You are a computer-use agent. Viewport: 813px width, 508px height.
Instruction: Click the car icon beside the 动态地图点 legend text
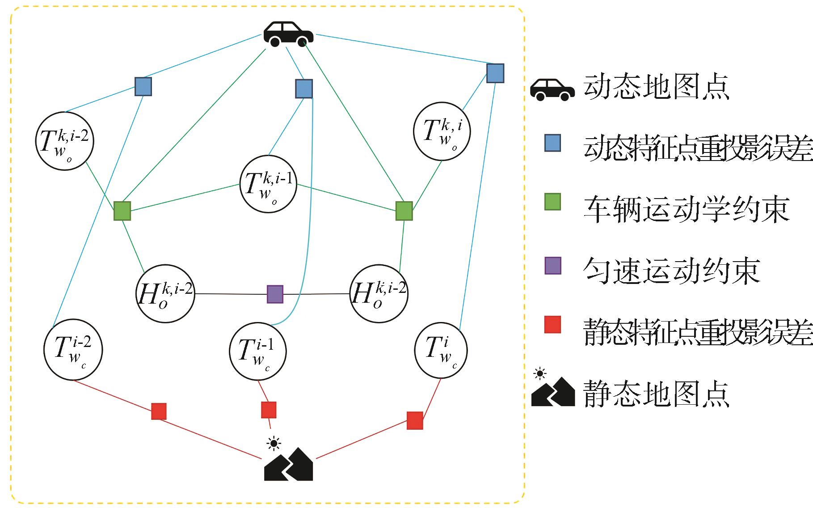pos(552,89)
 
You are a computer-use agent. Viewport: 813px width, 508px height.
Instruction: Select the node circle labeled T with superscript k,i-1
pos(269,184)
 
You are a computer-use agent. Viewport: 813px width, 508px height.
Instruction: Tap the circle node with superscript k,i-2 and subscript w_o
pos(64,140)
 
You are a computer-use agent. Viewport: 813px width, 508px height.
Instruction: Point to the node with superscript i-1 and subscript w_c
pos(258,352)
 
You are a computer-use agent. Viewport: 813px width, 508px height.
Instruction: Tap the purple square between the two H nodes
pos(275,294)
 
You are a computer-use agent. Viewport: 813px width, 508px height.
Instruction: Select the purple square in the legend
pos(553,266)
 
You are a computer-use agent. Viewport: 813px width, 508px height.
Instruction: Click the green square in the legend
pos(553,202)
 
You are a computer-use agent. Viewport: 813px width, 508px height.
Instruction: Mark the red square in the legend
pos(553,325)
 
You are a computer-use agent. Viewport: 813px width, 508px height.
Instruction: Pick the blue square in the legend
pos(553,143)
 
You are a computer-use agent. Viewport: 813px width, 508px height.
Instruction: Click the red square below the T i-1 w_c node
pos(269,410)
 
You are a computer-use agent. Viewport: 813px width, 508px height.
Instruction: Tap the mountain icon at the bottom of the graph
pos(289,464)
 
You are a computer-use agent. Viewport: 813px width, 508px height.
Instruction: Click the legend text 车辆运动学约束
pos(687,209)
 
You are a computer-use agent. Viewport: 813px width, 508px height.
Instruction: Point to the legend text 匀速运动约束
pos(671,271)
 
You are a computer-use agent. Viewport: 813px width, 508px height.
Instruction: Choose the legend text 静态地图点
pos(656,394)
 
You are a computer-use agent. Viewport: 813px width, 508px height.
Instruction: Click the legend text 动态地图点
pos(656,87)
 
